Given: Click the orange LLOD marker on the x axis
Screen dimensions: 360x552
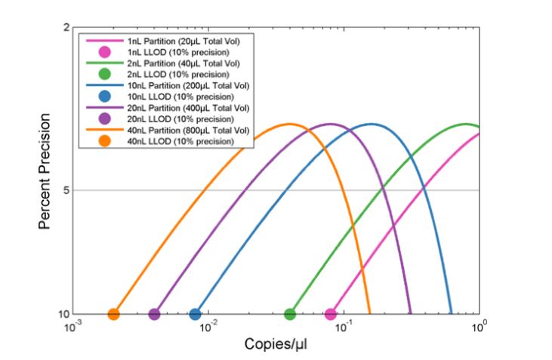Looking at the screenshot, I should (x=113, y=314).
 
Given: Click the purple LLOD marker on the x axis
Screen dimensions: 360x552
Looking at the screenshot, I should (x=154, y=314).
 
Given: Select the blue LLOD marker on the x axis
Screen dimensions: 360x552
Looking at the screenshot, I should (x=195, y=314).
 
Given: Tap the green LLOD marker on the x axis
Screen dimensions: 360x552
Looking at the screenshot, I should (x=290, y=314).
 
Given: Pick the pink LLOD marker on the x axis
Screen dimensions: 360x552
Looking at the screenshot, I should (x=331, y=314).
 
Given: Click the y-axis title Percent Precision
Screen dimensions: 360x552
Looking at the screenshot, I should (x=45, y=171).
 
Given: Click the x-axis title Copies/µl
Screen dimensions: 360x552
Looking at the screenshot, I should (x=276, y=344).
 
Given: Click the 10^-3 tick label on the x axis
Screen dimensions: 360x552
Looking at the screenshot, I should (x=72, y=327).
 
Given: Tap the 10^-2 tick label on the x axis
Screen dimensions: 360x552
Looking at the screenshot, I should (x=208, y=327).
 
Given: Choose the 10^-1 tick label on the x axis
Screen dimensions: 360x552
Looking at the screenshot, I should (x=344, y=327).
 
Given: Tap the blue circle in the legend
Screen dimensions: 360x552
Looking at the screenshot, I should (x=105, y=96).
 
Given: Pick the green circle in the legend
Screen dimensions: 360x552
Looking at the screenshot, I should (x=105, y=74).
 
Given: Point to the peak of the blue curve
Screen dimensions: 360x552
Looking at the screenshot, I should (x=371, y=124).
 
